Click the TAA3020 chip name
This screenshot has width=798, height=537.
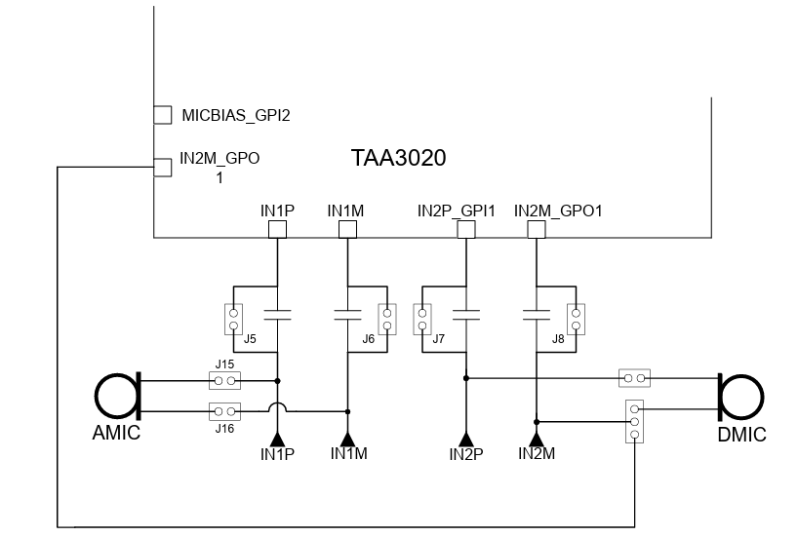(x=398, y=158)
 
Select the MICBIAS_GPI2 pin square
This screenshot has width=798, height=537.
(x=163, y=115)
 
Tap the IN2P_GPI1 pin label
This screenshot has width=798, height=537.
(x=457, y=211)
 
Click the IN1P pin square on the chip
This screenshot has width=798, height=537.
(x=278, y=229)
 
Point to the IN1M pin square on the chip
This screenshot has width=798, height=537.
(x=346, y=229)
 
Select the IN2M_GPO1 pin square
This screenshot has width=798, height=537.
(x=535, y=229)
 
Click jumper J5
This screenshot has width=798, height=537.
(x=233, y=318)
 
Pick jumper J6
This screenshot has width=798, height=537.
(x=388, y=318)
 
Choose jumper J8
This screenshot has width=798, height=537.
(x=577, y=318)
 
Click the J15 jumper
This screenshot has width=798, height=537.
(x=225, y=379)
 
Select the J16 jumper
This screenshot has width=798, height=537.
(x=225, y=410)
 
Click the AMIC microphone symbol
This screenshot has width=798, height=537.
(x=119, y=396)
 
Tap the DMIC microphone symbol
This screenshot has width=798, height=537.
(x=740, y=396)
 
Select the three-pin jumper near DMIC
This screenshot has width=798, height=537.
(x=635, y=421)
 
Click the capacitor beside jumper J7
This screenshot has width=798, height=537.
(x=466, y=315)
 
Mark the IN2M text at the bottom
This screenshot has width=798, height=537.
(x=537, y=454)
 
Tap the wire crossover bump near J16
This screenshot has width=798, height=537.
(x=278, y=407)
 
